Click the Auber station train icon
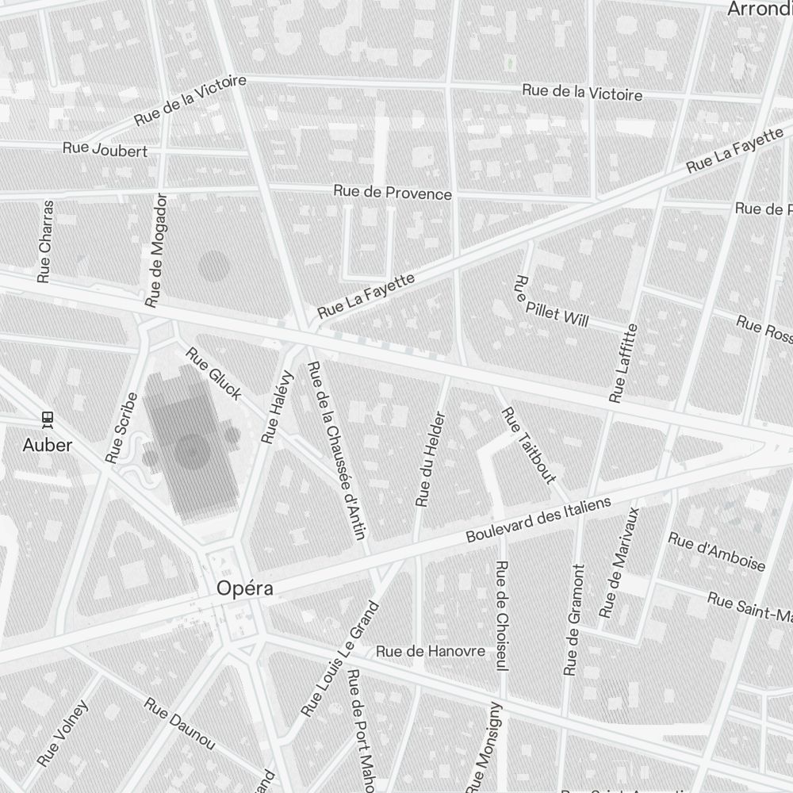[x=48, y=417]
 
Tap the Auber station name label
[x=48, y=445]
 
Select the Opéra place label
[x=246, y=588]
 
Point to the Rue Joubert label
[x=105, y=149]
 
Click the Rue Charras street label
[x=45, y=241]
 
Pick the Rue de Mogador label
[x=157, y=250]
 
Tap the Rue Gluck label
[x=213, y=373]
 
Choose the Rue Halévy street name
[x=278, y=407]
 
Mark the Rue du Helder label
[x=431, y=459]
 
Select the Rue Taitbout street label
[x=529, y=445]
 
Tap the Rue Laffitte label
[x=623, y=362]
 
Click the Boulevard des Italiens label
[x=538, y=520]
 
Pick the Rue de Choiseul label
[x=501, y=618]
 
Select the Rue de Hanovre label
[x=431, y=651]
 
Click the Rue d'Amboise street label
[x=717, y=551]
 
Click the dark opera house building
[x=191, y=448]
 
